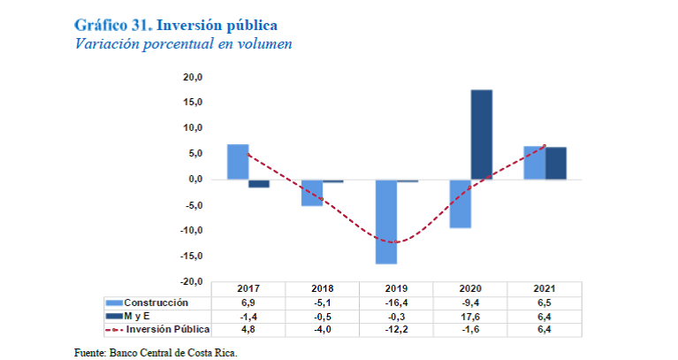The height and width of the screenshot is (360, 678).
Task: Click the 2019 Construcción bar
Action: pyautogui.click(x=385, y=221)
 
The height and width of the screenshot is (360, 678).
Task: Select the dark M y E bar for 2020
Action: pyautogui.click(x=481, y=134)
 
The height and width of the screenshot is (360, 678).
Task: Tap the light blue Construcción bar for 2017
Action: pyautogui.click(x=237, y=162)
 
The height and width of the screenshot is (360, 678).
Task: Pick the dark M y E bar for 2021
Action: pyautogui.click(x=555, y=163)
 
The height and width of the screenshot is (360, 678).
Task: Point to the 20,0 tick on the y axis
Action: pyautogui.click(x=194, y=77)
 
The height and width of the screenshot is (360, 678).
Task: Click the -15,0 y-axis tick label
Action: pyautogui.click(x=193, y=257)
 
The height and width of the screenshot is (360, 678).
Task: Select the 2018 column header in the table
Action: pyautogui.click(x=323, y=289)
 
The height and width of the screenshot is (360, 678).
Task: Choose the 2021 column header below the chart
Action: pyautogui.click(x=545, y=289)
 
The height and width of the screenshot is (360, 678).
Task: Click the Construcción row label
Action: pyautogui.click(x=156, y=303)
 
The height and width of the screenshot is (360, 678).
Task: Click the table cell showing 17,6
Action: pyautogui.click(x=470, y=316)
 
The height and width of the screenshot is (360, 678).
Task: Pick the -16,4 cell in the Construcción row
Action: pyautogui.click(x=396, y=303)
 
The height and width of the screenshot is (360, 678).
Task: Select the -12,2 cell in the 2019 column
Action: pyautogui.click(x=396, y=329)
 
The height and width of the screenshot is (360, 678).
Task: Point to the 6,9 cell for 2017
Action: pyautogui.click(x=248, y=303)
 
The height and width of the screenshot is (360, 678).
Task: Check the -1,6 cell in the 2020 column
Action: pyautogui.click(x=470, y=329)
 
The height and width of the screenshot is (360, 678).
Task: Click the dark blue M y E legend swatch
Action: pyautogui.click(x=113, y=316)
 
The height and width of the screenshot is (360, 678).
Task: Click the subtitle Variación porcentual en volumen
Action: pyautogui.click(x=183, y=42)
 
